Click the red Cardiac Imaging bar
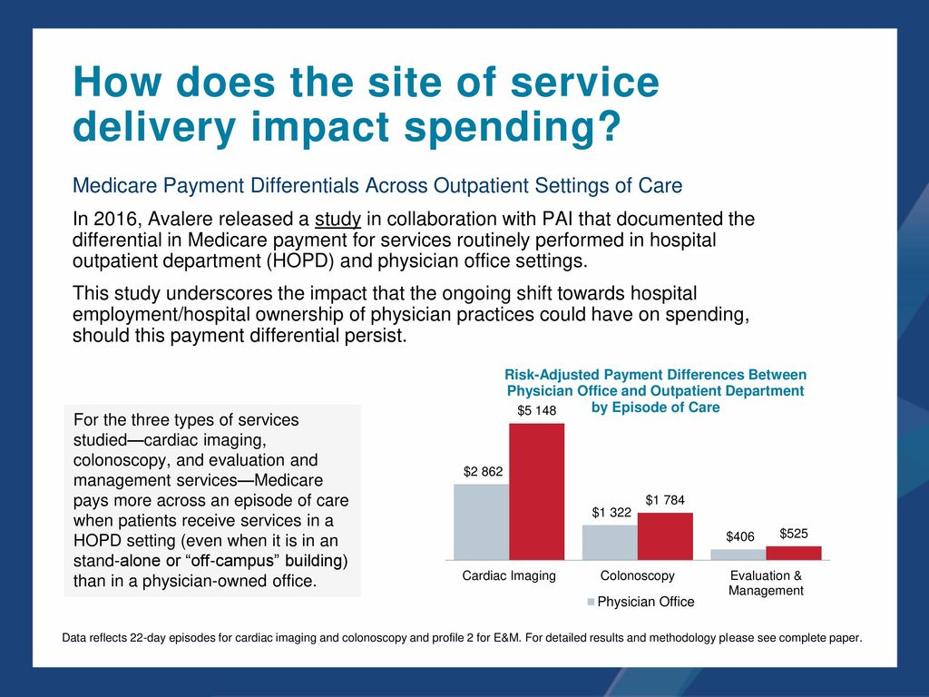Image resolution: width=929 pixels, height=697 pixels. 536,492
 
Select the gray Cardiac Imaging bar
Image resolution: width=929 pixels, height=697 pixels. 481,522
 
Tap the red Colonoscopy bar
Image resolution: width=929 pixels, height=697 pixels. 665,536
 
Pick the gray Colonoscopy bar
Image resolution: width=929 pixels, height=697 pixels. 610,542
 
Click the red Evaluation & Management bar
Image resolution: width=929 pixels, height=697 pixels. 794,553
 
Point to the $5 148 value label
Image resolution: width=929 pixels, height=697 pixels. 536,411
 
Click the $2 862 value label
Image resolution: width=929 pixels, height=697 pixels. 483,472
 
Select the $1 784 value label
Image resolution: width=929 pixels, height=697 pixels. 665,500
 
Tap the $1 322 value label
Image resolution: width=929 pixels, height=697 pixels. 611,513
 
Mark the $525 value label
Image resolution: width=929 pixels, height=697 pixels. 794,534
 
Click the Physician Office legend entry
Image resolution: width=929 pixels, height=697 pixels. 641,602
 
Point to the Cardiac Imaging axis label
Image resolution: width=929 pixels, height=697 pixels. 509,576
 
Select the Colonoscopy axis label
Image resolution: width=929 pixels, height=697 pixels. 638,576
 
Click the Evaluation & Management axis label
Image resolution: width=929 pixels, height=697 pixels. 767,584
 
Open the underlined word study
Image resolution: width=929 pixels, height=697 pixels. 337,220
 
